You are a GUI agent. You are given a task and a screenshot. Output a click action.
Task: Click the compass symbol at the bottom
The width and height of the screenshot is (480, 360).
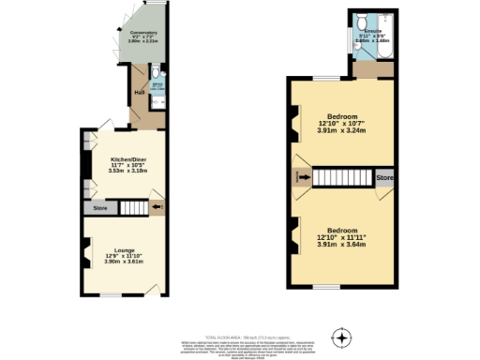(x=342, y=337)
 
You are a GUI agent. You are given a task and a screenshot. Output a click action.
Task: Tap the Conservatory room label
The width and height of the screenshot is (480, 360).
(x=130, y=34)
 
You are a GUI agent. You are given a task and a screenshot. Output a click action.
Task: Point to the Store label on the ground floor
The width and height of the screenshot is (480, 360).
(x=99, y=207)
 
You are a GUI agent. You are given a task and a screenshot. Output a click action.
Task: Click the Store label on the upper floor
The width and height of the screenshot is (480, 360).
(x=383, y=175)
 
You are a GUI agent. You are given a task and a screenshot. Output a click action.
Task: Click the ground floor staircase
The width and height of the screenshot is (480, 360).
(x=132, y=206)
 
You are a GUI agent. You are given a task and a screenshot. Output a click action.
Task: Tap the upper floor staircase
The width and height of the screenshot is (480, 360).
(x=341, y=177)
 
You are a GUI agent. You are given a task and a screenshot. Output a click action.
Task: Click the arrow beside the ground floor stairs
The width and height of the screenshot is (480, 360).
(x=157, y=206)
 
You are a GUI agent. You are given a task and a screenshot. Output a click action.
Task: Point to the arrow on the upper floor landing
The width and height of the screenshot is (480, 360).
(x=302, y=177)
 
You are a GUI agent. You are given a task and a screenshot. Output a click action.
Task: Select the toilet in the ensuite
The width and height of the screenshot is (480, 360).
(x=362, y=20)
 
